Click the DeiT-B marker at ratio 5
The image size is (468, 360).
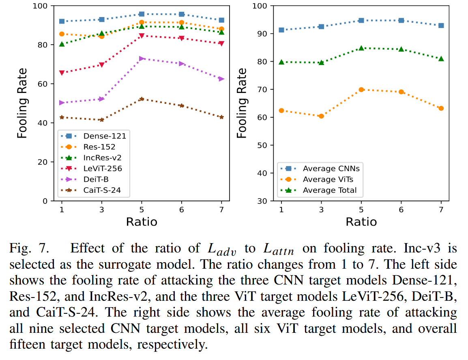coord(142,58)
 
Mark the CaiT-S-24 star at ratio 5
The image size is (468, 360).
coord(142,99)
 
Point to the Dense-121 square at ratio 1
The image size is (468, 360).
coord(62,21)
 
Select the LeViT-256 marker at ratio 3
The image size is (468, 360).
coord(102,65)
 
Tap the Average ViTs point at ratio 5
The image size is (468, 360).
coord(361,90)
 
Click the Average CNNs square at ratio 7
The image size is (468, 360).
coord(441,26)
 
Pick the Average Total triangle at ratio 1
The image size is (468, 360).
coord(281,62)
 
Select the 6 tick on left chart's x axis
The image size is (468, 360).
coord(181,209)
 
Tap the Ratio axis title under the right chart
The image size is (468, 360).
coord(361,222)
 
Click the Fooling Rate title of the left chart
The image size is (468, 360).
coord(23,103)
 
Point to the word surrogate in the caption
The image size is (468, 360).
coord(96,264)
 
